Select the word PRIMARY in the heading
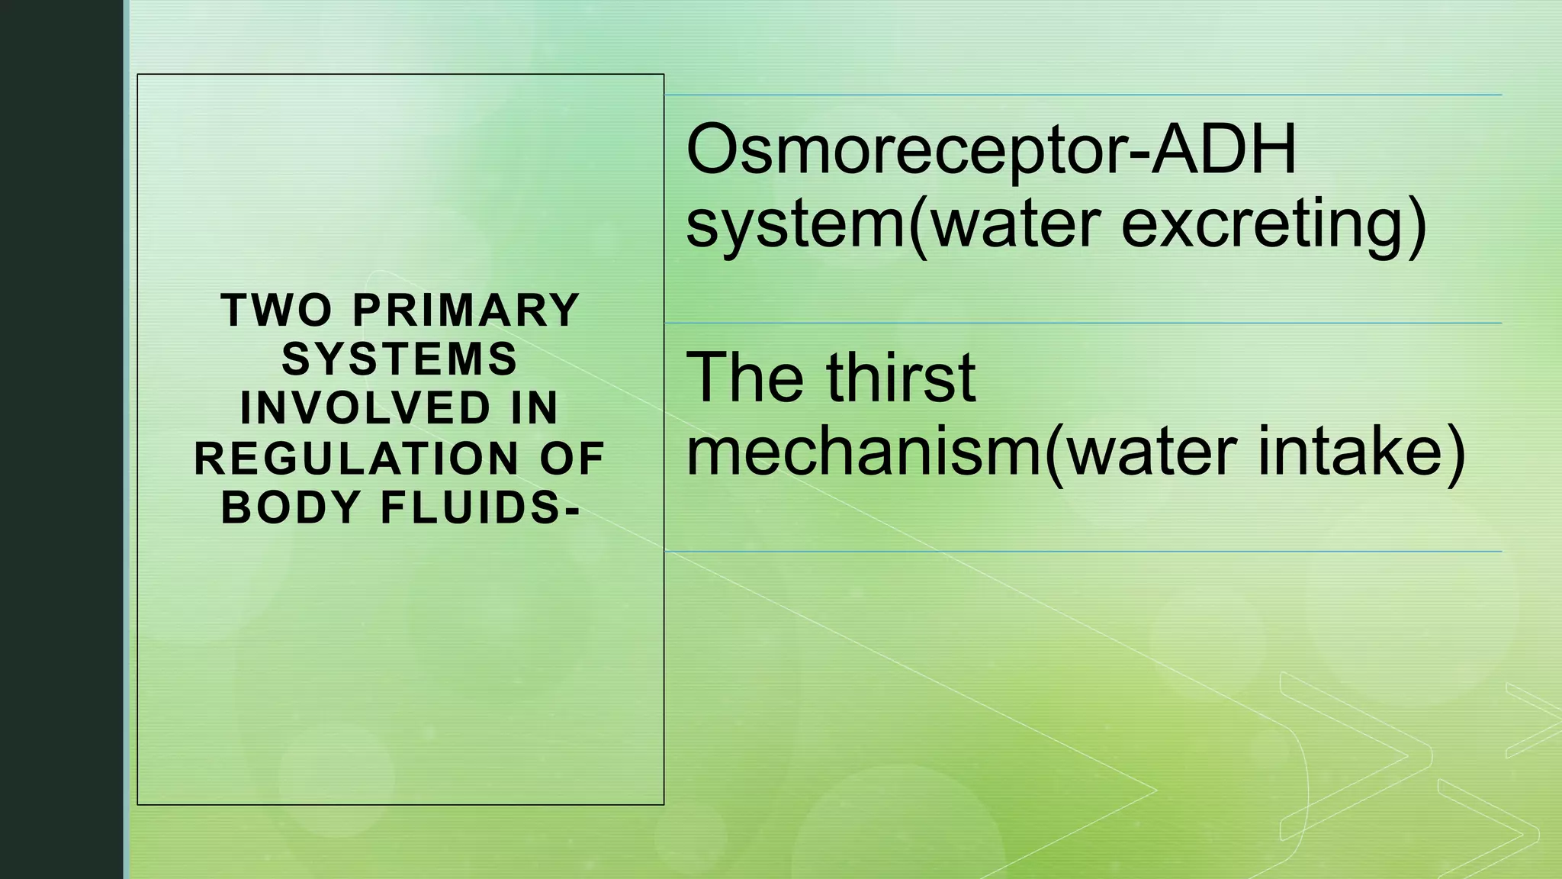point(466,311)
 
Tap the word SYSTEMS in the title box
point(400,359)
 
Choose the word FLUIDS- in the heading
point(480,507)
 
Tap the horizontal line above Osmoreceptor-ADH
point(1083,95)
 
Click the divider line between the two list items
point(1083,324)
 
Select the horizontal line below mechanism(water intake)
point(1083,551)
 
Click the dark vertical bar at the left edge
point(61,439)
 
